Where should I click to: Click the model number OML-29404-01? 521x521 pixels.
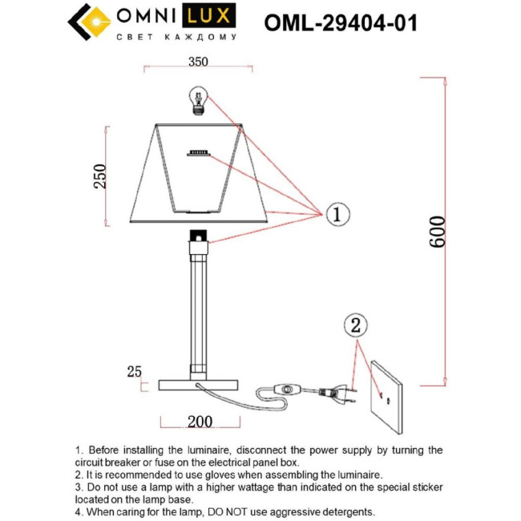pyautogui.click(x=341, y=22)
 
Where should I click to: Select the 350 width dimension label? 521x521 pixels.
pyautogui.click(x=197, y=62)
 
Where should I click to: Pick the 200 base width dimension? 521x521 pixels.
pyautogui.click(x=200, y=422)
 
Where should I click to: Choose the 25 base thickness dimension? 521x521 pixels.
pyautogui.click(x=134, y=371)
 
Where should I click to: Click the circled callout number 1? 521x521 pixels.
pyautogui.click(x=337, y=214)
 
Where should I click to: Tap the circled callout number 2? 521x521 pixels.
pyautogui.click(x=357, y=326)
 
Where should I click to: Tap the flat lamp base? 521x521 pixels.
pyautogui.click(x=198, y=385)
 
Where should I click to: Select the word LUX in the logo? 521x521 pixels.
pyautogui.click(x=210, y=15)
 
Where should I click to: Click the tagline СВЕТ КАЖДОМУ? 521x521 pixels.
pyautogui.click(x=177, y=37)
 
